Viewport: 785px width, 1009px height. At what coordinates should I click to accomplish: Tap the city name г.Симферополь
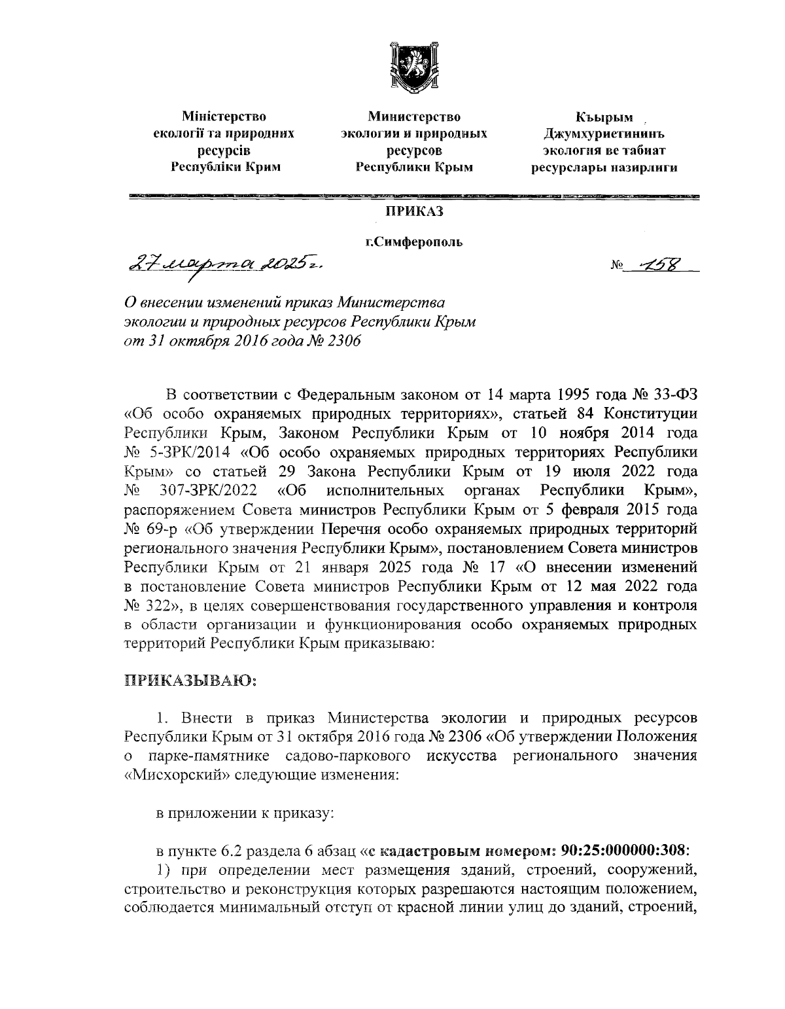coord(413,243)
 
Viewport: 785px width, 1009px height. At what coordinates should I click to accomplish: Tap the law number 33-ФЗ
coord(677,395)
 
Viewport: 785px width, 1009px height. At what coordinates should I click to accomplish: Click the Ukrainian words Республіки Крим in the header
coord(226,167)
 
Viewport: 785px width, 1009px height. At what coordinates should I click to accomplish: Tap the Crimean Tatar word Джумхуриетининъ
coord(604,134)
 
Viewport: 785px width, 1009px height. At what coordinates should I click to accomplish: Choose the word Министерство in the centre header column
coord(413,117)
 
